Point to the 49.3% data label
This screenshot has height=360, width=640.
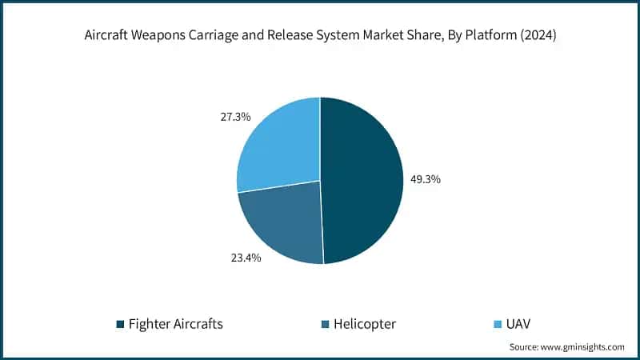click(x=424, y=179)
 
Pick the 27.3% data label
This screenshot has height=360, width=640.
click(x=234, y=117)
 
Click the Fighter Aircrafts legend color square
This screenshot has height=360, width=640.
click(x=120, y=324)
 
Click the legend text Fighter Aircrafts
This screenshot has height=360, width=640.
click(x=176, y=324)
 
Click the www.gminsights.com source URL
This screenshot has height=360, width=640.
click(x=584, y=347)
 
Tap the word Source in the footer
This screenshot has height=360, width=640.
click(x=524, y=347)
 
